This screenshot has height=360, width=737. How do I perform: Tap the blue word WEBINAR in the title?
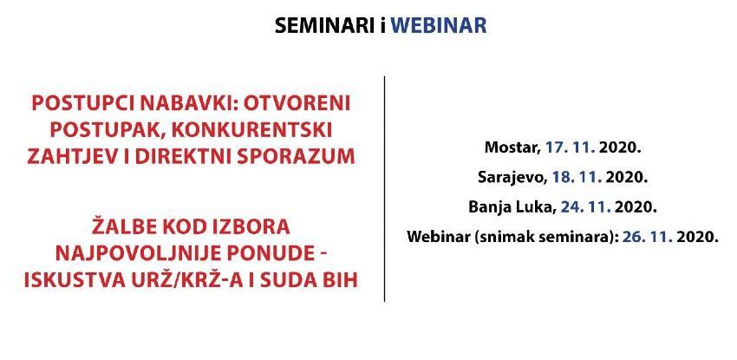(439, 25)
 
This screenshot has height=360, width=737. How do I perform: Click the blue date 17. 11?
(571, 148)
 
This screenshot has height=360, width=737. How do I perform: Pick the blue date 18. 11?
(577, 177)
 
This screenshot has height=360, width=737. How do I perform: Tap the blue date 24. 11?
(585, 206)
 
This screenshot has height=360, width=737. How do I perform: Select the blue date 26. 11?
(648, 236)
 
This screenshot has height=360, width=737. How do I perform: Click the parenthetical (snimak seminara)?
(545, 237)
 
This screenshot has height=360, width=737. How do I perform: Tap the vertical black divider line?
(384, 189)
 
